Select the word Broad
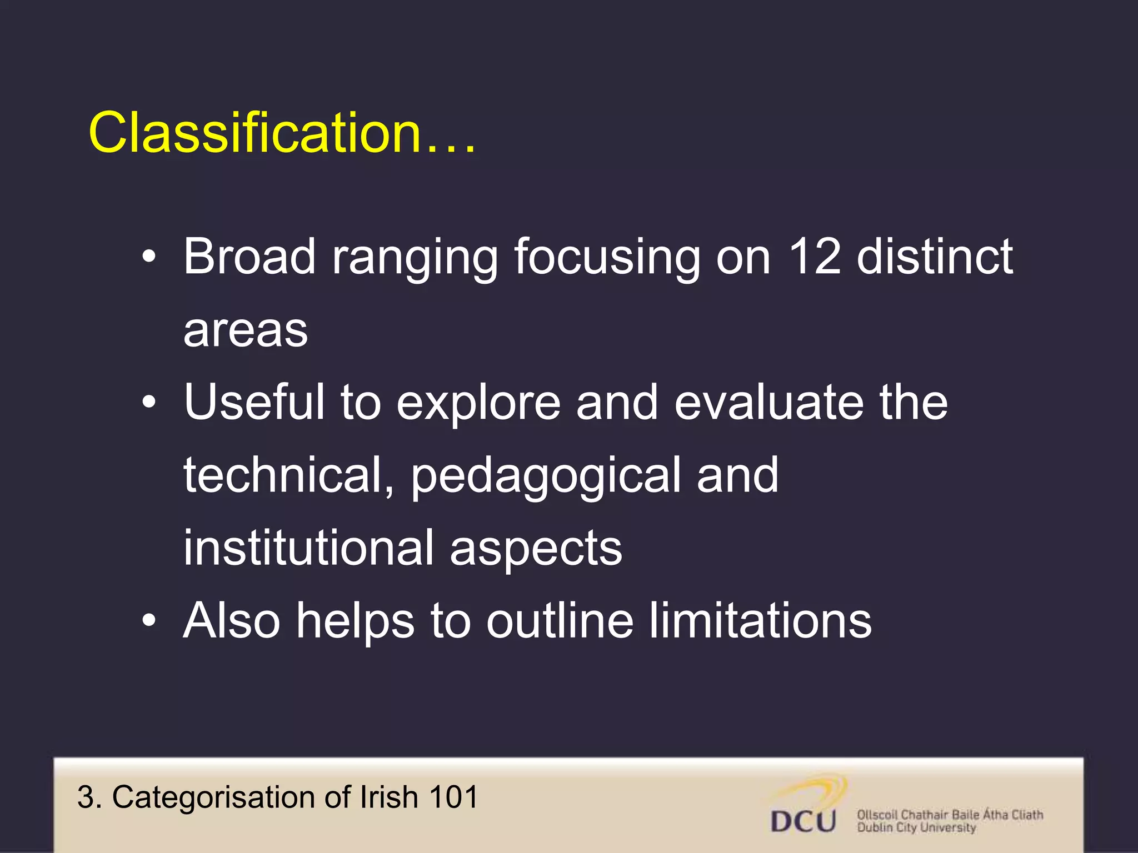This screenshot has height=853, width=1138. pos(249,257)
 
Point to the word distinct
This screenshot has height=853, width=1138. pos(935,257)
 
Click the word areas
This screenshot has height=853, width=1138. pos(246,331)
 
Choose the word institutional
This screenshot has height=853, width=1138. pos(308,548)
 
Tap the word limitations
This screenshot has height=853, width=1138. pos(760,621)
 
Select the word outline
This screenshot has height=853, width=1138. pos(560,621)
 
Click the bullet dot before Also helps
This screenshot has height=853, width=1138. pos(148,621)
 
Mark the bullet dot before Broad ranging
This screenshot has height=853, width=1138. pos(148,258)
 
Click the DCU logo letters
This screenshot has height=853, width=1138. pos(803,821)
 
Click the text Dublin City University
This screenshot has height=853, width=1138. pos(916,828)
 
